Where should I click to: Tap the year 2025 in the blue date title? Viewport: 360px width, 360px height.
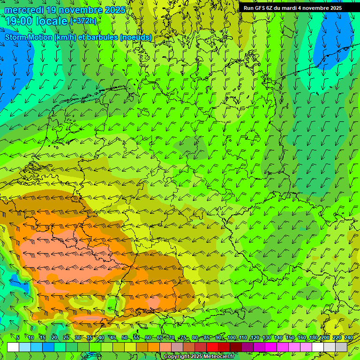click(x=113, y=10)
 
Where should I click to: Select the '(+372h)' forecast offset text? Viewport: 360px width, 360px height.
click(x=83, y=21)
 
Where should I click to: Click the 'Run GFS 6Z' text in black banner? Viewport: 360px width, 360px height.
click(x=258, y=8)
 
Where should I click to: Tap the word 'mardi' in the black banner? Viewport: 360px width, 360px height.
click(x=288, y=8)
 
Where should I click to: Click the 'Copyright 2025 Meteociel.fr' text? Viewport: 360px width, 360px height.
click(x=199, y=357)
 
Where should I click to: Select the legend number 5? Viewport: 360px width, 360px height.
click(x=18, y=337)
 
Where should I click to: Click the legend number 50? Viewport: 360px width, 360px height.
click(x=125, y=337)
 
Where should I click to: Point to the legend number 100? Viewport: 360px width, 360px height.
click(x=232, y=337)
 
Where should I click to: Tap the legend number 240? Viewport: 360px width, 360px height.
click(x=349, y=337)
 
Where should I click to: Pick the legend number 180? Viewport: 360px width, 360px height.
click(x=314, y=337)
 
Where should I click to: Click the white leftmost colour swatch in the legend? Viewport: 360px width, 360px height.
click(x=13, y=347)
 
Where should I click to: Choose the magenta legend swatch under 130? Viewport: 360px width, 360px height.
click(x=271, y=347)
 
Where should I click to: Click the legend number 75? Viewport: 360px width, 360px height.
click(x=183, y=337)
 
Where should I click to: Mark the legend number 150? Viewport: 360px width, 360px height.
click(x=290, y=337)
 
